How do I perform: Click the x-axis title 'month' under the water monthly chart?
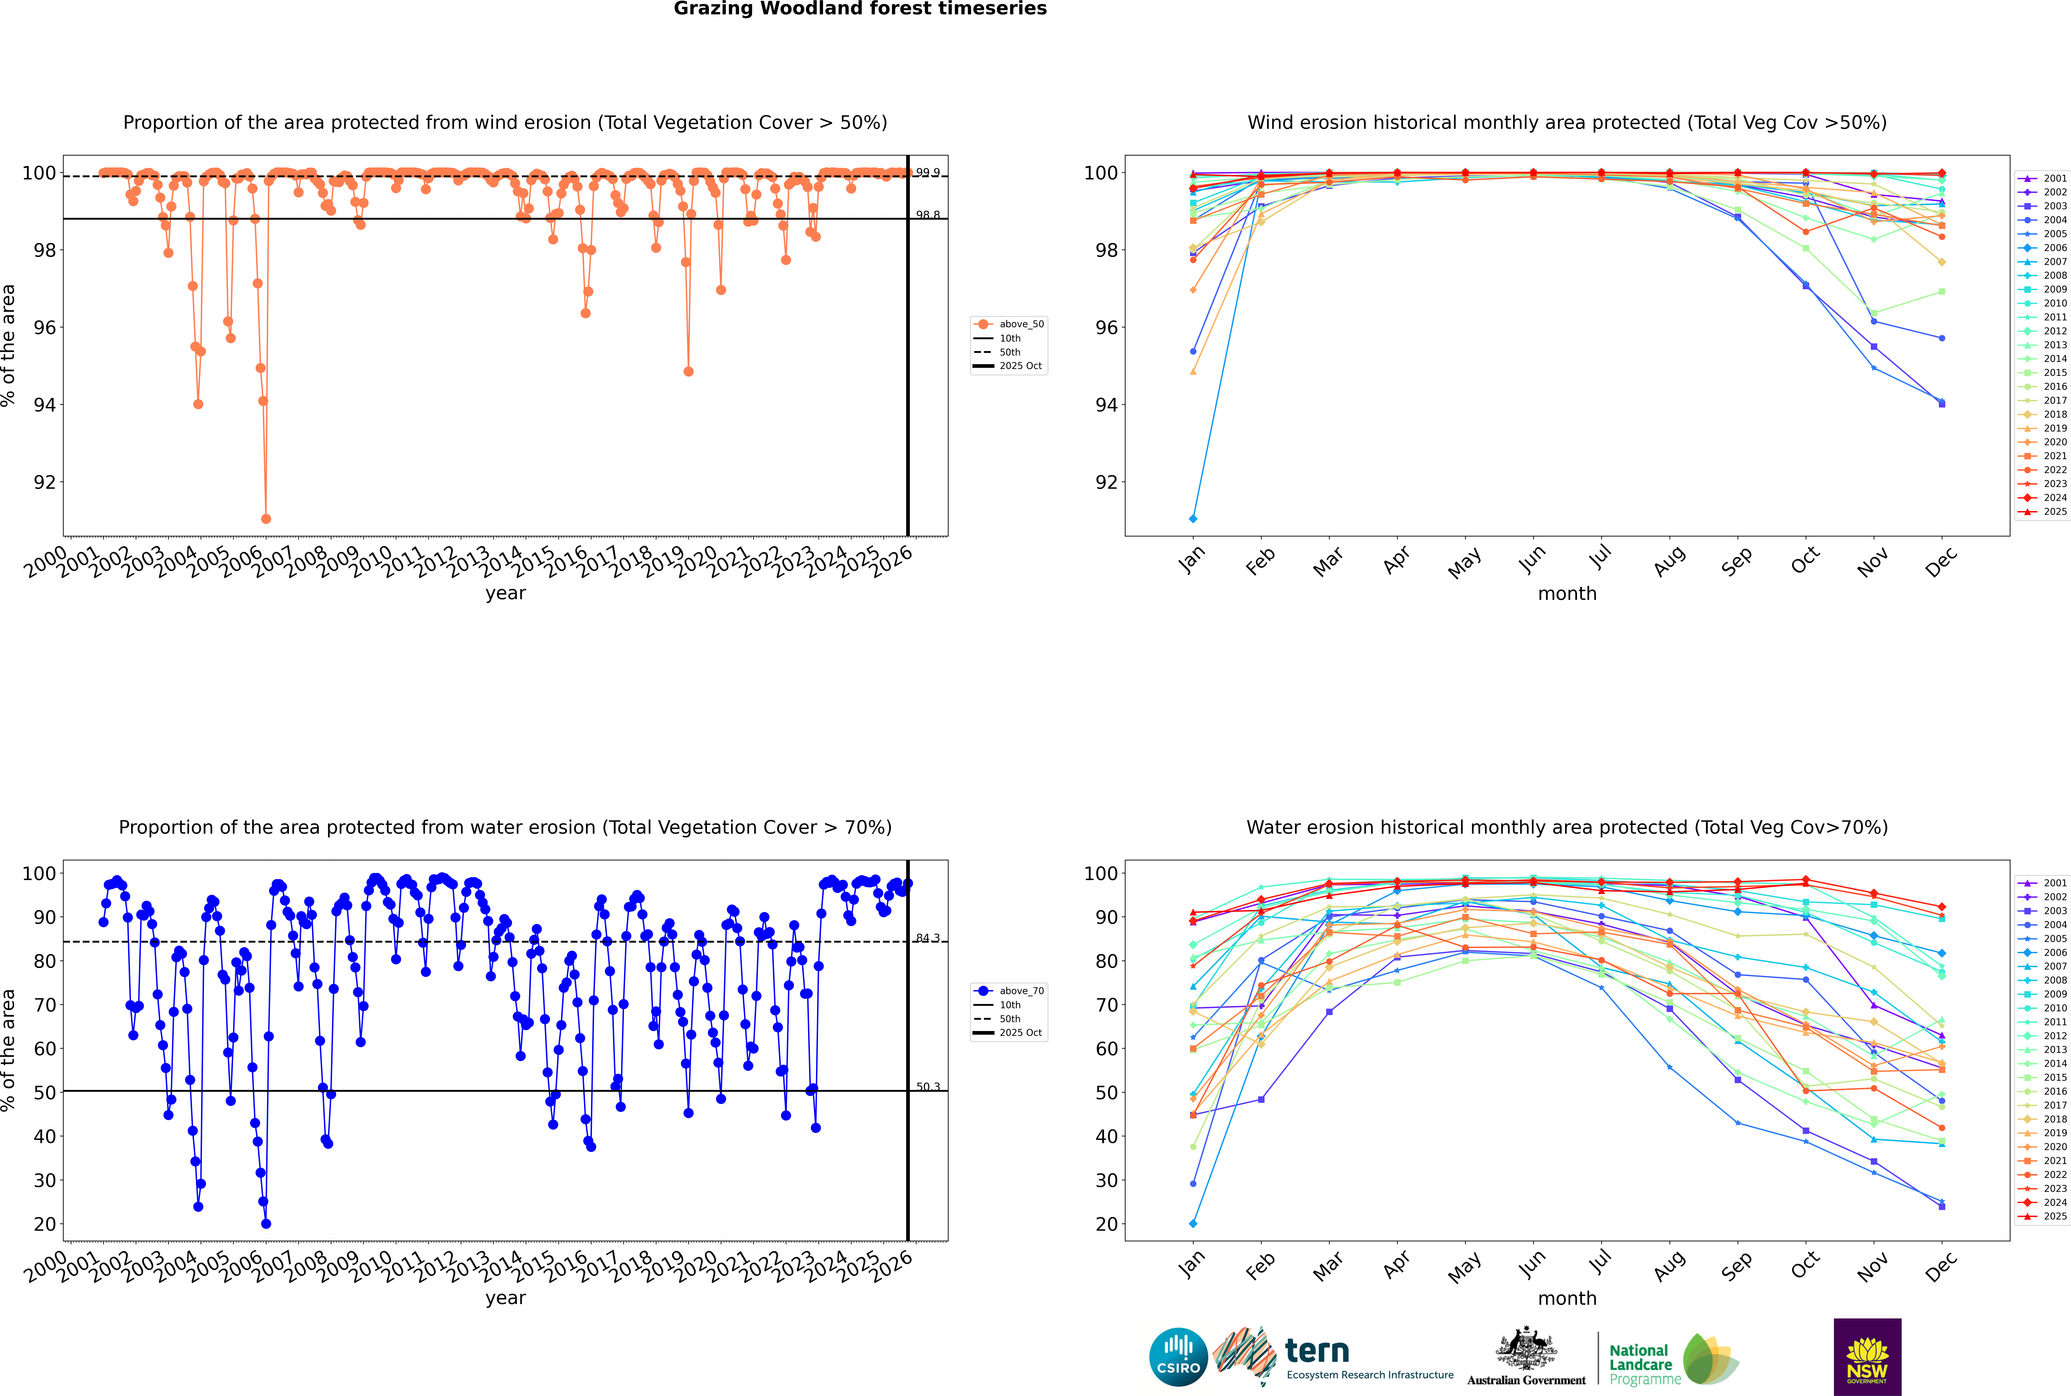[x=1567, y=1298]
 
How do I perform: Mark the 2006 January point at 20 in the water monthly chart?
[x=1193, y=1223]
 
